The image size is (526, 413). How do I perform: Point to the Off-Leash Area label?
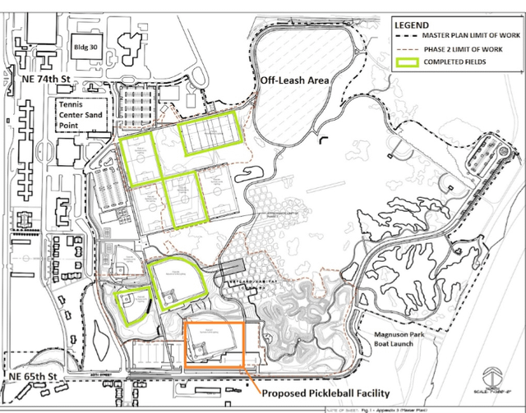(x=295, y=80)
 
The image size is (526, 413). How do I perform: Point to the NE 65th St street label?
(x=31, y=376)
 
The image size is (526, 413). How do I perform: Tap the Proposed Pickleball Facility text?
(x=325, y=392)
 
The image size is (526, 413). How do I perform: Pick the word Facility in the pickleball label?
(x=366, y=392)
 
